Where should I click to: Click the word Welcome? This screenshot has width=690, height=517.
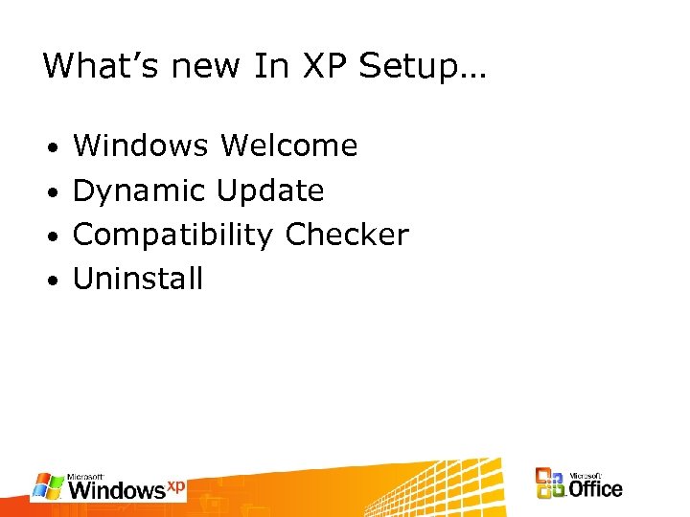click(288, 146)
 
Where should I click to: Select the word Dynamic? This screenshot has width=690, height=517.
click(140, 191)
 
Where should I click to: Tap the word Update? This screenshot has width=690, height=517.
click(270, 191)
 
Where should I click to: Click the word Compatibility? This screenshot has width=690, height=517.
click(173, 236)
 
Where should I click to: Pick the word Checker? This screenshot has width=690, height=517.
click(347, 235)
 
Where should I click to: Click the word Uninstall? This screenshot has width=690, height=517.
click(138, 279)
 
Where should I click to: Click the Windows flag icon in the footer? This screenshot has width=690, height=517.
click(48, 485)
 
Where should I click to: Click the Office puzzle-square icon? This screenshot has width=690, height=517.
click(550, 483)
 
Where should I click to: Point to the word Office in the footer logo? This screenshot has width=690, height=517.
click(595, 488)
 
